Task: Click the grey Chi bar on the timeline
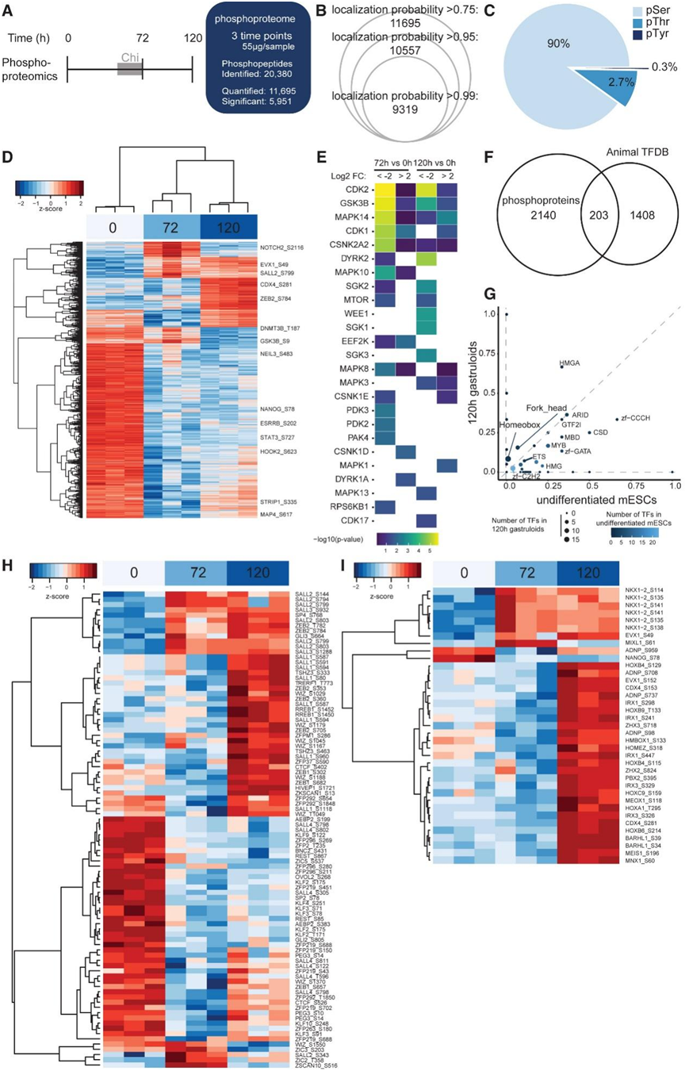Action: point(129,69)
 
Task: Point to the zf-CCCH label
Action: point(633,419)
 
